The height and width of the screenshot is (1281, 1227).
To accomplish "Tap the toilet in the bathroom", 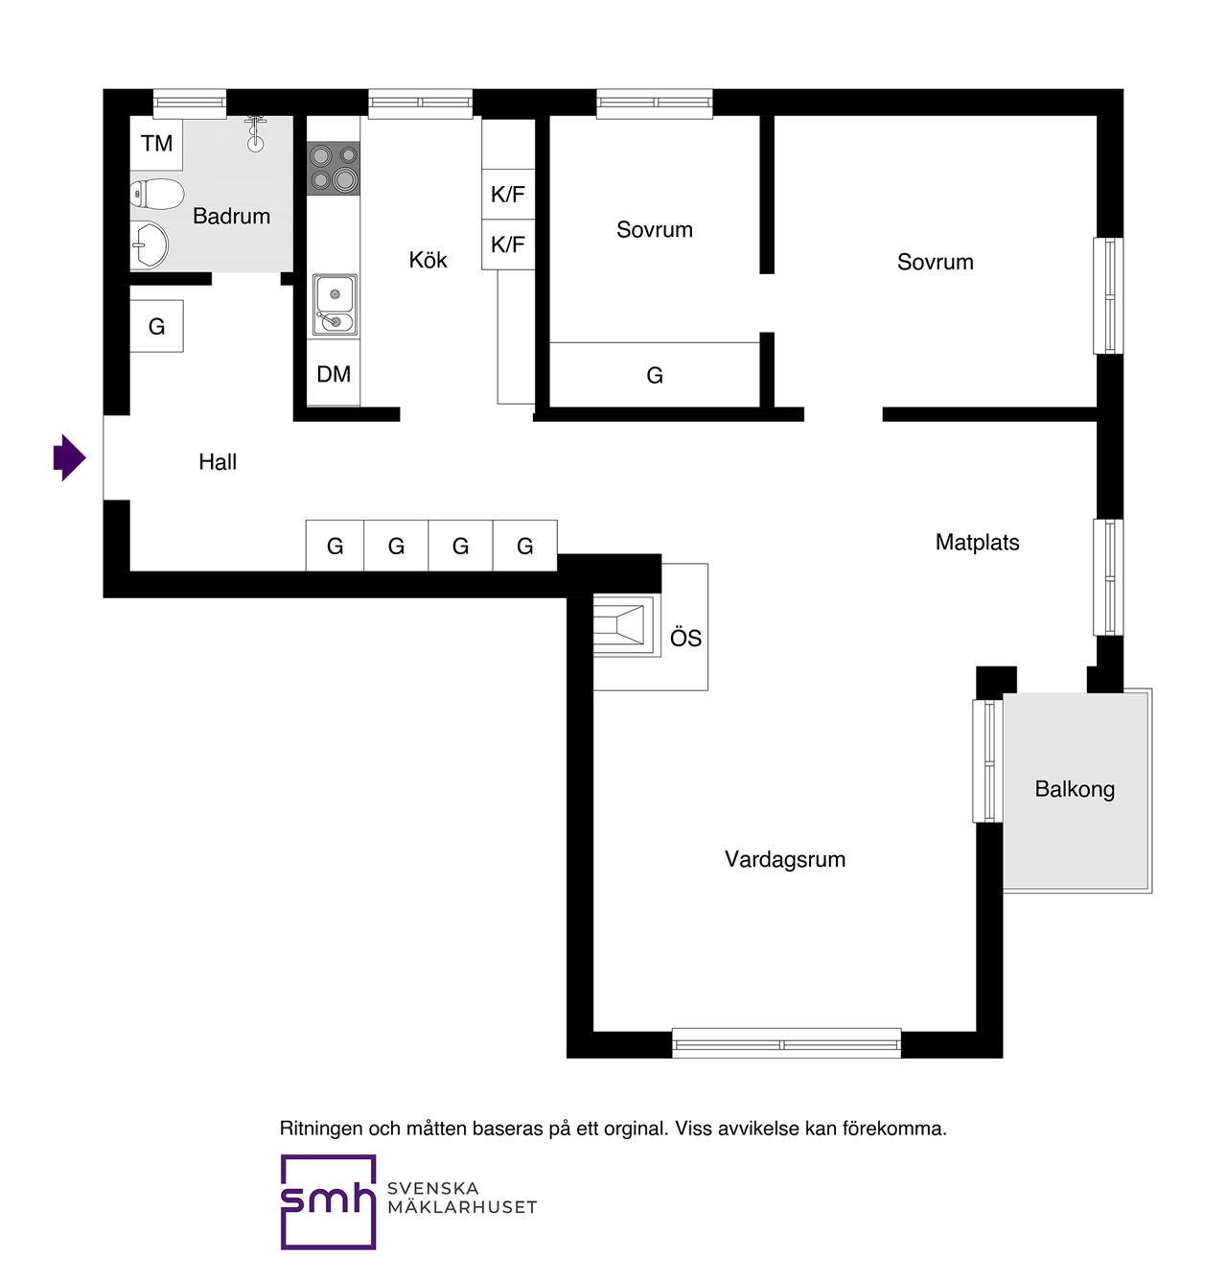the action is click(x=156, y=195).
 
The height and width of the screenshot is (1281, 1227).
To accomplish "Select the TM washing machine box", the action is click(x=156, y=144).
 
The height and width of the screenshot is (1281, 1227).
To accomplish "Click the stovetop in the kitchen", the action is click(x=334, y=168).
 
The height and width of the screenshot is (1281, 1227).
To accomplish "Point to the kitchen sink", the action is click(x=335, y=306).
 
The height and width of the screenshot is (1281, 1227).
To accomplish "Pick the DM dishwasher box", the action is click(x=334, y=373).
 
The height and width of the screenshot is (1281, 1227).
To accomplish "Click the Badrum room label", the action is click(x=231, y=216).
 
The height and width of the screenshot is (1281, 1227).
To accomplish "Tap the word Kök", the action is click(x=428, y=260).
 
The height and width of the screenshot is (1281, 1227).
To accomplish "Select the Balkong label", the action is click(x=1075, y=789).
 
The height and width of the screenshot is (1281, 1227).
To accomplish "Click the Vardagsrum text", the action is click(x=785, y=860).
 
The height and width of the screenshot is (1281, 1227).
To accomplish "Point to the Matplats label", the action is click(x=977, y=543).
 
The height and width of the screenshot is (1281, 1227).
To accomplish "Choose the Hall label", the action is click(x=218, y=462).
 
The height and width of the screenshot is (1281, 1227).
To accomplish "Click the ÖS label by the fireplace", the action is click(x=685, y=638).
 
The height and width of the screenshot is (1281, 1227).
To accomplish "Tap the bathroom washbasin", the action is click(x=149, y=245).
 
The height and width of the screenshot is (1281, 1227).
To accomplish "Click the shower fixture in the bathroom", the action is click(x=255, y=133).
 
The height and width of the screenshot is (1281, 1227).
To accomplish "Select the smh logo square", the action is click(x=328, y=1201).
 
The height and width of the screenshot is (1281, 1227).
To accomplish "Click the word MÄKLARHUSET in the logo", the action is click(x=462, y=1206).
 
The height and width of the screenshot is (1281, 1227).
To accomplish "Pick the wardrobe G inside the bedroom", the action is click(x=655, y=375).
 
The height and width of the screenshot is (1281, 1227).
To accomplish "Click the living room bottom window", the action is click(x=786, y=1044).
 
